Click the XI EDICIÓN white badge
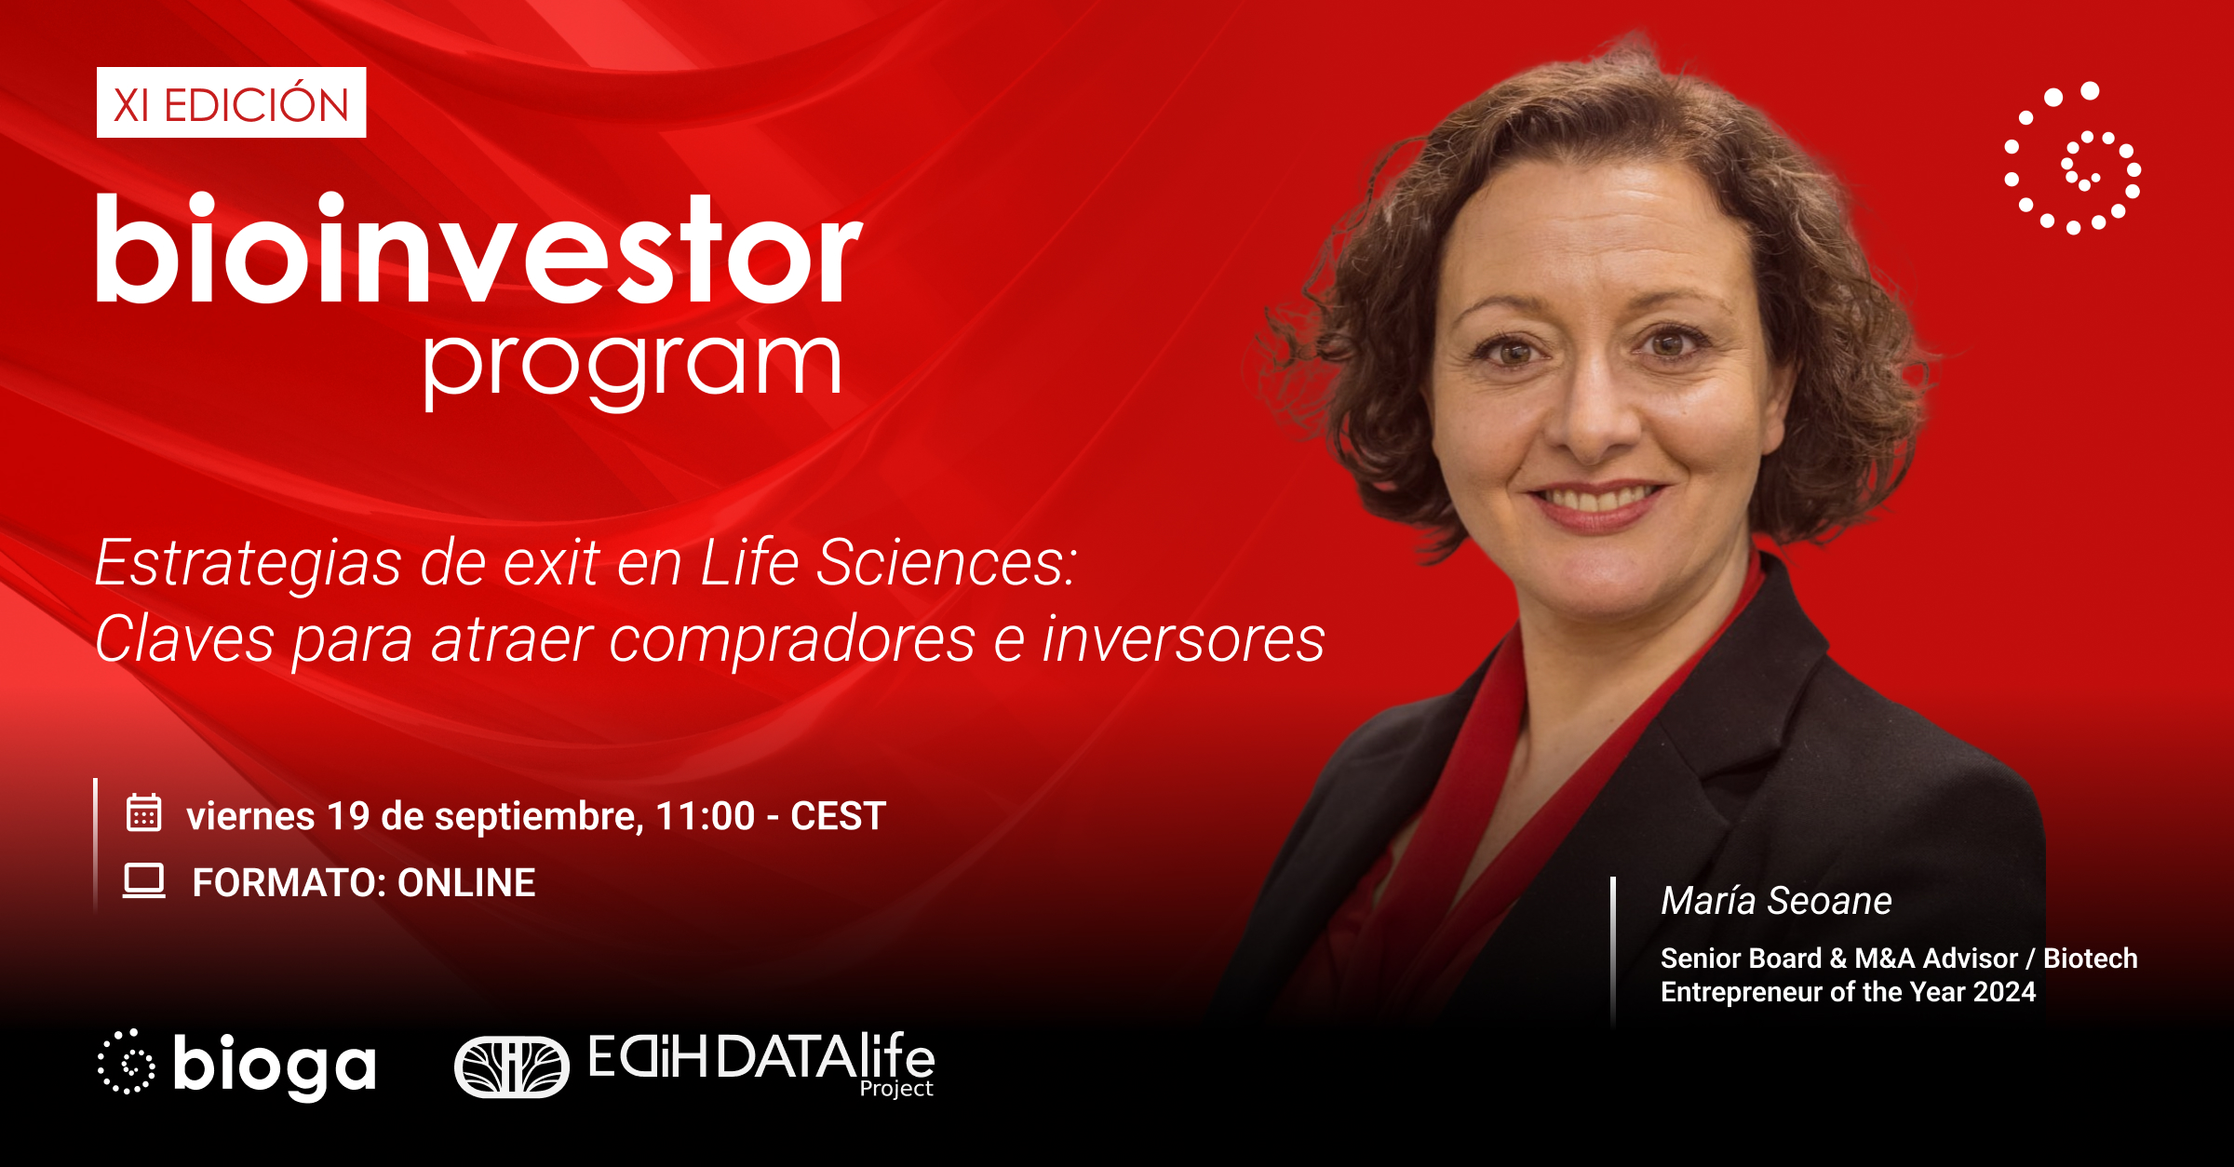[231, 102]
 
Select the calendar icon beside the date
[144, 812]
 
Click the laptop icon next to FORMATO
[144, 880]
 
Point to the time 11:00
[705, 816]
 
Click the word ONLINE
[466, 882]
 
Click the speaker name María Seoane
[1776, 901]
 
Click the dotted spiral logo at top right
[2072, 157]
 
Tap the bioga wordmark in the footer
[275, 1066]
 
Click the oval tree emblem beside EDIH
[511, 1066]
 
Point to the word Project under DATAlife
[896, 1089]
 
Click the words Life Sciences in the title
[888, 563]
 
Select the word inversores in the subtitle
[1183, 640]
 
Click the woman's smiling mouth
[1597, 503]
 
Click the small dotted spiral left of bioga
[127, 1062]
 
